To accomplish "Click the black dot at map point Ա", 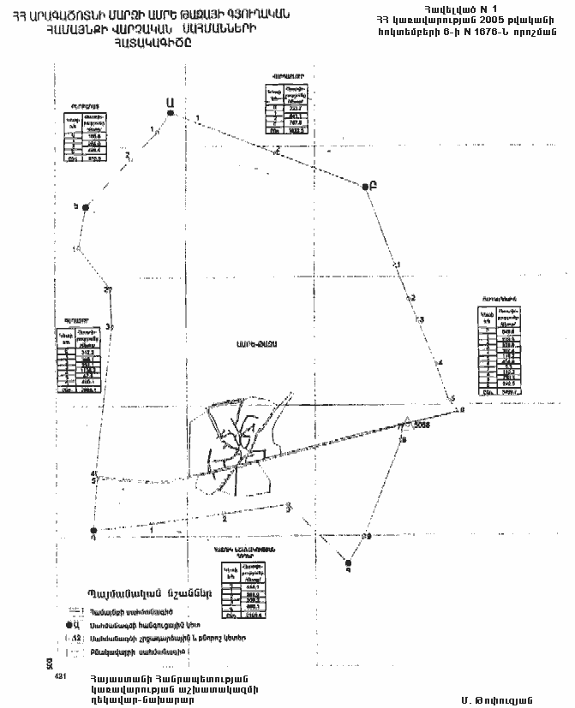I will point(171,113).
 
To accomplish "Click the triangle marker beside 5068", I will point(405,421).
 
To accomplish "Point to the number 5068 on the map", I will point(421,425).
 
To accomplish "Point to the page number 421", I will point(60,676).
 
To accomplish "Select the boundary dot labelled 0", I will point(93,531).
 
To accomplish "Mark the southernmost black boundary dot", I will point(348,562).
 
